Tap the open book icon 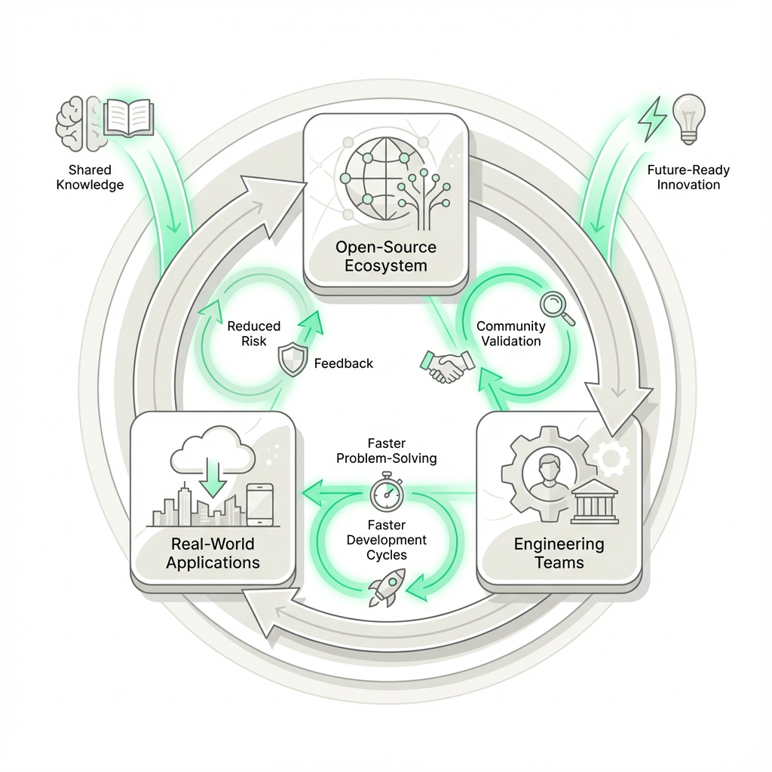point(128,119)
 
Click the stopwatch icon point(387,492)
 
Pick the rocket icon point(387,587)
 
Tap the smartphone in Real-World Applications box point(260,504)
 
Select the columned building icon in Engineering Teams point(594,501)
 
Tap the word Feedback point(343,363)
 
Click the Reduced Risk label point(253,333)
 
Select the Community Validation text point(511,333)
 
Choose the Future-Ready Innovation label point(688,177)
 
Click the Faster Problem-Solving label point(387,451)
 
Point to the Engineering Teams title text point(559,553)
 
